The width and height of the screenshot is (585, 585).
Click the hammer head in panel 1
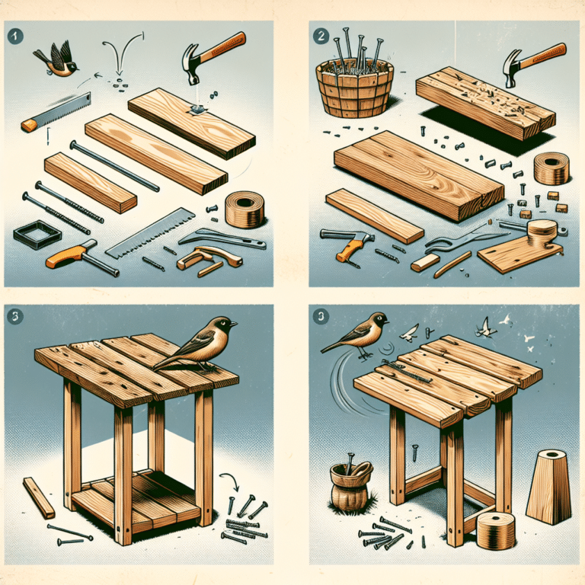(x=193, y=63)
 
